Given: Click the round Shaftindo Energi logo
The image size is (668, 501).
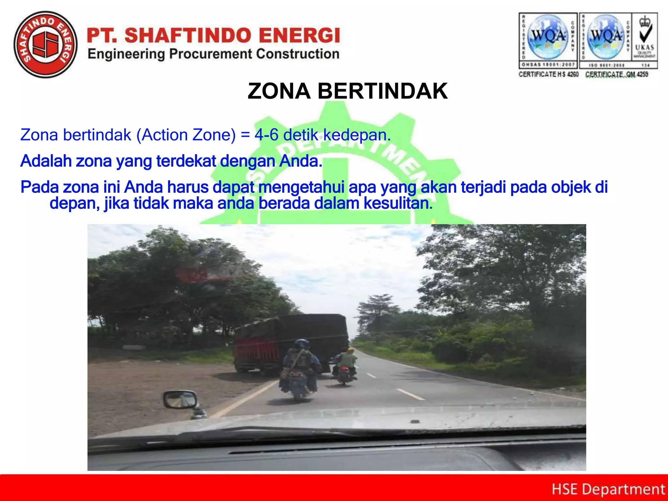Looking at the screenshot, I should coord(46,45).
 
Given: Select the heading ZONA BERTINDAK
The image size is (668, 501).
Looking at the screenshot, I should coord(347,91).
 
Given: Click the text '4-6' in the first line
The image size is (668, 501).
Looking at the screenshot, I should coord(266,135).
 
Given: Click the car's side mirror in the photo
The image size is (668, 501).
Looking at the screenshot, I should coord(181,399).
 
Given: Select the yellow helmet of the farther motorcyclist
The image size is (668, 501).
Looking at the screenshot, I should coord(350,351).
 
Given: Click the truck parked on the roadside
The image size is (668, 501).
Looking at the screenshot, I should coord(290,342).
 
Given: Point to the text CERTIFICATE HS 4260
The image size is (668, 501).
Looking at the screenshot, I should coord(549,74).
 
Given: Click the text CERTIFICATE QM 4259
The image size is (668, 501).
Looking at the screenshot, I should coord(616,74).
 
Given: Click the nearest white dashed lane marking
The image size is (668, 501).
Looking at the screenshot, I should coord(410,394).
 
